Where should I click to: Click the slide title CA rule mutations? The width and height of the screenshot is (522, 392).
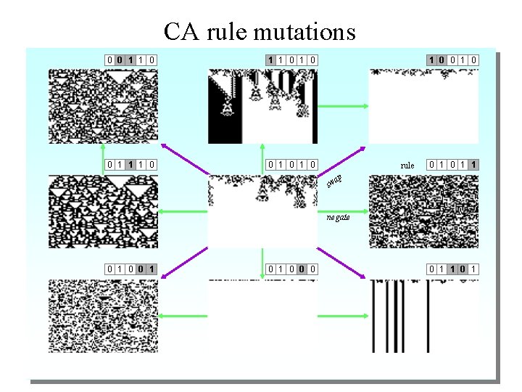coord(260,32)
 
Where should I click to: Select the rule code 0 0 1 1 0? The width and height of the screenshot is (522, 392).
coord(132,60)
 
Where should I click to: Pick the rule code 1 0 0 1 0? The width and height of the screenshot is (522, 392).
coord(452,60)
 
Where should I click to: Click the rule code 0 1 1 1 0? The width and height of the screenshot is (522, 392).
coord(132,165)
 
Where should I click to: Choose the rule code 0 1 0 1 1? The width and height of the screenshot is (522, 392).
coord(452,165)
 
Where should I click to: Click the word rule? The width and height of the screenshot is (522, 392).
coord(407,166)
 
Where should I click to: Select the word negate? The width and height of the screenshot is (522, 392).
coord(338,217)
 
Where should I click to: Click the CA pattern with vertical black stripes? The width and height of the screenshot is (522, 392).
coord(423,317)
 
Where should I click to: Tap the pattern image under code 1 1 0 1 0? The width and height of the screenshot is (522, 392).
coord(262,106)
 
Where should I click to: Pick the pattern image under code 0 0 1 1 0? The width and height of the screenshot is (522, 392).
coord(103,106)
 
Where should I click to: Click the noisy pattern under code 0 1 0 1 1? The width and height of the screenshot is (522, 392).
coord(423,211)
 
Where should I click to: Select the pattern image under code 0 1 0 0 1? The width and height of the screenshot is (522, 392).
coord(103,317)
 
